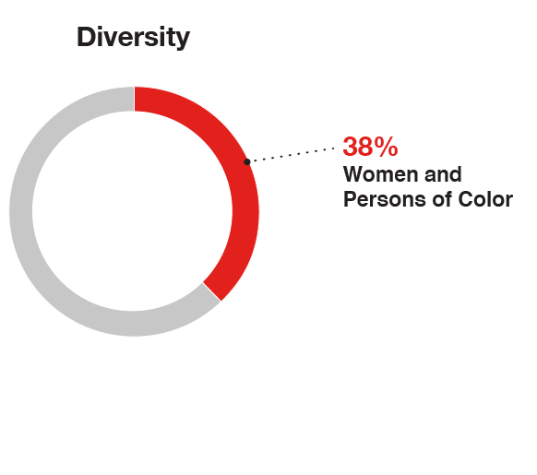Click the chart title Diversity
pyautogui.click(x=133, y=37)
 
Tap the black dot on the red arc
pyautogui.click(x=246, y=162)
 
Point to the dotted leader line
pyautogui.click(x=293, y=153)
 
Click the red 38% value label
pyautogui.click(x=370, y=146)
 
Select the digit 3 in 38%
pyautogui.click(x=352, y=146)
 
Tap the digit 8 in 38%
pyautogui.click(x=367, y=146)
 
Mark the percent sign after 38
pyautogui.click(x=387, y=146)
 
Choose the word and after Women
pyautogui.click(x=443, y=174)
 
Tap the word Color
pyautogui.click(x=485, y=199)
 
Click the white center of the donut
pyautogui.click(x=134, y=211)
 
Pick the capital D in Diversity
pyautogui.click(x=86, y=37)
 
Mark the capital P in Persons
pyautogui.click(x=350, y=199)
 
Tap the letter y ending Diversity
pyautogui.click(x=183, y=40)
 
